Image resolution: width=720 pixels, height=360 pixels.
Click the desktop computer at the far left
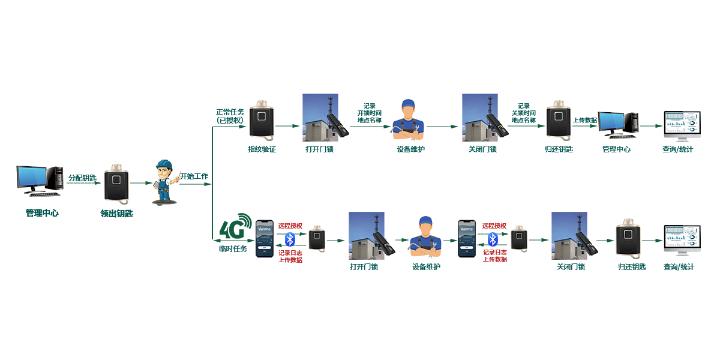40,181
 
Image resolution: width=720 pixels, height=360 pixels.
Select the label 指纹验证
262,149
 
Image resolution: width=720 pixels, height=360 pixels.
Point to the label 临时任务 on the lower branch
233,248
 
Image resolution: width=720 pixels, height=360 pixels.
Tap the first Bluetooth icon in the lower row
290,239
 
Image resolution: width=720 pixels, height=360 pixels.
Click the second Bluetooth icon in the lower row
493,239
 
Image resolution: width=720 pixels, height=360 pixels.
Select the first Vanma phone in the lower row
265,238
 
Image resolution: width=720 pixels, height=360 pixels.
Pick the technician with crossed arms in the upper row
409,121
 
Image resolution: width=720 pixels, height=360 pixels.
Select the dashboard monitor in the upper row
682,124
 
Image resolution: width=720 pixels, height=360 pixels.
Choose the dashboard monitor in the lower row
682,240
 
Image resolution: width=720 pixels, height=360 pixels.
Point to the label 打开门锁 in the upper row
319,149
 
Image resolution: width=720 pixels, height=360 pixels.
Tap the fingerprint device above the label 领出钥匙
116,184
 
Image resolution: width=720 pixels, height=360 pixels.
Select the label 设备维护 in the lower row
426,266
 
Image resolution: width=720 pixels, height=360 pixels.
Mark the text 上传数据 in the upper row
585,120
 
